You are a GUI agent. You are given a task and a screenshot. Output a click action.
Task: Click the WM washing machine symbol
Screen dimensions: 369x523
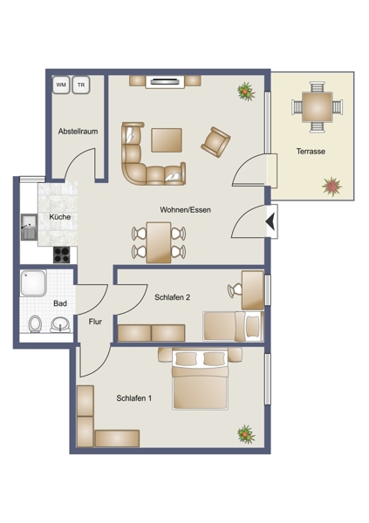pyautogui.click(x=61, y=85)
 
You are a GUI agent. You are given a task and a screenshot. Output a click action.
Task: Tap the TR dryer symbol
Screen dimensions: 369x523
pyautogui.click(x=81, y=85)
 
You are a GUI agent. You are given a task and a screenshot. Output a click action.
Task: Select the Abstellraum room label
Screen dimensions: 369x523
pyautogui.click(x=79, y=132)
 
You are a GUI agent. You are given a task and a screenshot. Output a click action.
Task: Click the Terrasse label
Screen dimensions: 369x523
pyautogui.click(x=311, y=152)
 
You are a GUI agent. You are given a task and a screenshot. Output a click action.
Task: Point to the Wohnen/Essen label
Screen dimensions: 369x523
pyautogui.click(x=185, y=210)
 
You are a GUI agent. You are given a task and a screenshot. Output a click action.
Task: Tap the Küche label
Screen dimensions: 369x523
pyautogui.click(x=60, y=217)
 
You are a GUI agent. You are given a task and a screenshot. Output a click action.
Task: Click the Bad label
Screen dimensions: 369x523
pyautogui.click(x=60, y=303)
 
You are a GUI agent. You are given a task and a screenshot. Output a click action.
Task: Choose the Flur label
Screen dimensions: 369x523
pyautogui.click(x=95, y=322)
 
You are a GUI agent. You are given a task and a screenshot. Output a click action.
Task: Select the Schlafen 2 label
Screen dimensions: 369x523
pyautogui.click(x=173, y=297)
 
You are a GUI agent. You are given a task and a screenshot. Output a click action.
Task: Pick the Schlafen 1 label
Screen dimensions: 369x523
pyautogui.click(x=134, y=398)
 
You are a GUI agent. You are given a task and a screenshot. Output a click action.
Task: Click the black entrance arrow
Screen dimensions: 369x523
pyautogui.click(x=270, y=221)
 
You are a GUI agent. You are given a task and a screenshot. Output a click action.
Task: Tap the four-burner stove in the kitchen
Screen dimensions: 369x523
pyautogui.click(x=62, y=255)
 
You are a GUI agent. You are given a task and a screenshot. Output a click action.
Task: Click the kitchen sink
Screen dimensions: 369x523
pyautogui.click(x=29, y=228)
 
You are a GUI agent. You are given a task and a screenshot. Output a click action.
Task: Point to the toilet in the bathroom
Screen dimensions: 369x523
pyautogui.click(x=35, y=324)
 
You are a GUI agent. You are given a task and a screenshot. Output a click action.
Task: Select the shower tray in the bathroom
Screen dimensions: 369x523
pyautogui.click(x=33, y=283)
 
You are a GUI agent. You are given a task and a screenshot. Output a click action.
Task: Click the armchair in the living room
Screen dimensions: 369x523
pyautogui.click(x=215, y=142)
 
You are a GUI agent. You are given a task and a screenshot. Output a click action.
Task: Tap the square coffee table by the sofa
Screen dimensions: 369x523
pyautogui.click(x=167, y=140)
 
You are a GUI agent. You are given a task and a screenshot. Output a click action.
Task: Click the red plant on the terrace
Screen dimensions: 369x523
pyautogui.click(x=332, y=187)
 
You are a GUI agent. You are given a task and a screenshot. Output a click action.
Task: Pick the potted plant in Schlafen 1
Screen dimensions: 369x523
pyautogui.click(x=246, y=434)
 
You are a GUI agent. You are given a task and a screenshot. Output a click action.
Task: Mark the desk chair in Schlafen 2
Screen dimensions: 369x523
pyautogui.click(x=235, y=290)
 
